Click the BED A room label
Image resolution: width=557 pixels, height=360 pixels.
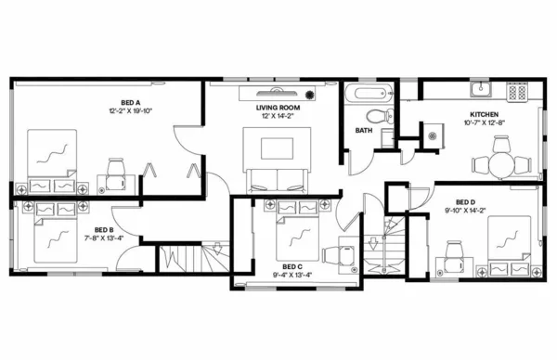click(130, 102)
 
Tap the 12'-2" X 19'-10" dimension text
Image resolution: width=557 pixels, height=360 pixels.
click(130, 110)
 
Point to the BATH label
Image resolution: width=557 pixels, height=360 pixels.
click(364, 131)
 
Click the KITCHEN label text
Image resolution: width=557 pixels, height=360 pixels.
click(484, 115)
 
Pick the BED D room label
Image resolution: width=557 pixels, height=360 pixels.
click(466, 201)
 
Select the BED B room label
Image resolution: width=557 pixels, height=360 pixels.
click(104, 229)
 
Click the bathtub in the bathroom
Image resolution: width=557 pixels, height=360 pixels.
click(369, 94)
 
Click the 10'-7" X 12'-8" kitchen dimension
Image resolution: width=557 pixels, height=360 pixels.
click(484, 123)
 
